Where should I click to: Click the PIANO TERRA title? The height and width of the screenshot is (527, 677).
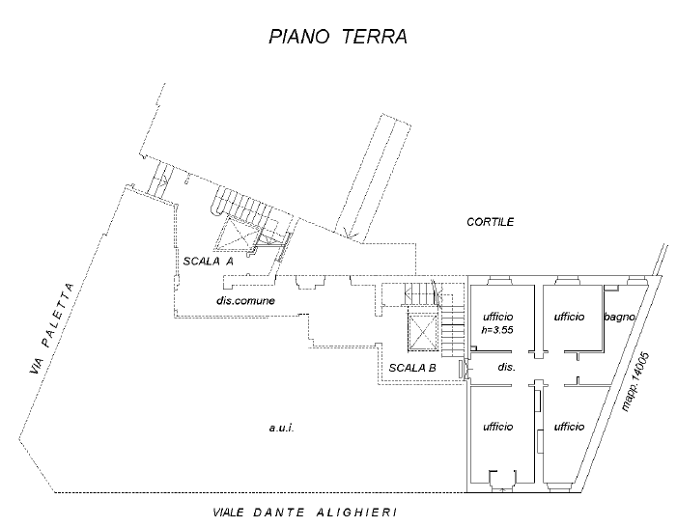[338, 37]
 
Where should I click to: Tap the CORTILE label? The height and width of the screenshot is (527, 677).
[490, 222]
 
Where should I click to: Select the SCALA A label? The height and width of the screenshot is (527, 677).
[208, 262]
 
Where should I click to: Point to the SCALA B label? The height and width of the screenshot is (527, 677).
[412, 368]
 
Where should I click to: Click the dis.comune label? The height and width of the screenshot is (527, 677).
[245, 300]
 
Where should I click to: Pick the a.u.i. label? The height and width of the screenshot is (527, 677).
[281, 428]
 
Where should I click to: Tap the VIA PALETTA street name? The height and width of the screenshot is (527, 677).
[52, 328]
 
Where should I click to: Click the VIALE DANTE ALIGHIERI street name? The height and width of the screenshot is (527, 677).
[305, 513]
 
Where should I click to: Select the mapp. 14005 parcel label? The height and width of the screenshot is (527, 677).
[635, 381]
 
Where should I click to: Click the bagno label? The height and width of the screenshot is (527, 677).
[620, 317]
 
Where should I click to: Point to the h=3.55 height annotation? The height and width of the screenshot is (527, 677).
[497, 330]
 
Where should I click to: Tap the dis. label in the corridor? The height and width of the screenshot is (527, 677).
[506, 367]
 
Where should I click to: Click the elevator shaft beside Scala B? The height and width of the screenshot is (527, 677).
[422, 331]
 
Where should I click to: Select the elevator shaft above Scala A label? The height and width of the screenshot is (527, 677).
[239, 234]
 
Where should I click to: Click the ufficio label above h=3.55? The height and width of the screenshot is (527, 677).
[497, 317]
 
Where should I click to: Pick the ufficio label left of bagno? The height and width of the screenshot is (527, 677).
[569, 317]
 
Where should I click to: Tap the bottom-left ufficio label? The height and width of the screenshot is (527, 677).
[497, 427]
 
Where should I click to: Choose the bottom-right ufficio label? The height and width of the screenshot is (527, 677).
[569, 427]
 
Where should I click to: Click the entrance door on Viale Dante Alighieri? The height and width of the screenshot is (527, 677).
[502, 480]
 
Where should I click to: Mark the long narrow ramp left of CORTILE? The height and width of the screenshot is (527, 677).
[374, 175]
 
